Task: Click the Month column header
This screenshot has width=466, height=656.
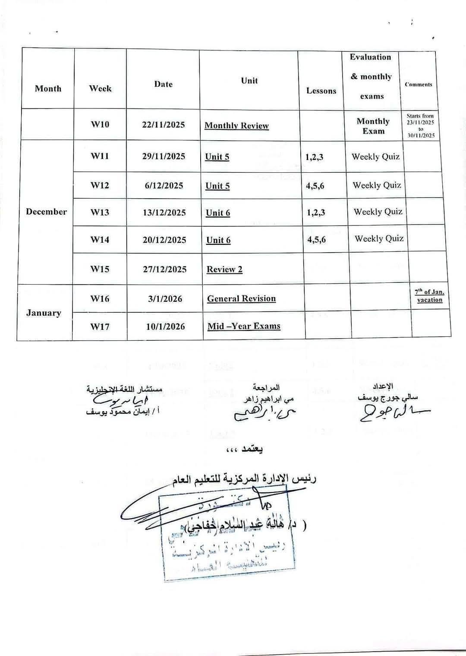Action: [48, 89]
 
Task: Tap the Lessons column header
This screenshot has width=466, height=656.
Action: [321, 91]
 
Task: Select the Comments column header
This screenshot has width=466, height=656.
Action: [418, 85]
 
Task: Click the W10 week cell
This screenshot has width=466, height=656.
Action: [100, 124]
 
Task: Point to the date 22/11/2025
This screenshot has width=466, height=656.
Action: [163, 125]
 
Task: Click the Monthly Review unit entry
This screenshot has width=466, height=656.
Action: [236, 126]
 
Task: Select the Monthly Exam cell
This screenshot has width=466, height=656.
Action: [373, 126]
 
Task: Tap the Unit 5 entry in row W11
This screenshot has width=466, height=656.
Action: [217, 157]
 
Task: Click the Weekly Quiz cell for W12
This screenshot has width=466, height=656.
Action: [377, 185]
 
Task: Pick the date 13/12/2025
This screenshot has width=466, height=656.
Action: [164, 212]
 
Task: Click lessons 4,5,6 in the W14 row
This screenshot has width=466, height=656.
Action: [316, 240]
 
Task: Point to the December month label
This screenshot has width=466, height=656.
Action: [46, 212]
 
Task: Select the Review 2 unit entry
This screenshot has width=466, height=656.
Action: [224, 269]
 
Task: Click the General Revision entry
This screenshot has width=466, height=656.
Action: [241, 298]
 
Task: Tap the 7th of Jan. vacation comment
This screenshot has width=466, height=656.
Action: [429, 296]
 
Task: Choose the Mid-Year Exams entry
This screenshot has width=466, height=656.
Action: [244, 326]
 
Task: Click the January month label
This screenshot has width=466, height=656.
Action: [44, 313]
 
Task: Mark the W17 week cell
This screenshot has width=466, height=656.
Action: [100, 326]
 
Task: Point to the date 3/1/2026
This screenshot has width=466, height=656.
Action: [165, 299]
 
